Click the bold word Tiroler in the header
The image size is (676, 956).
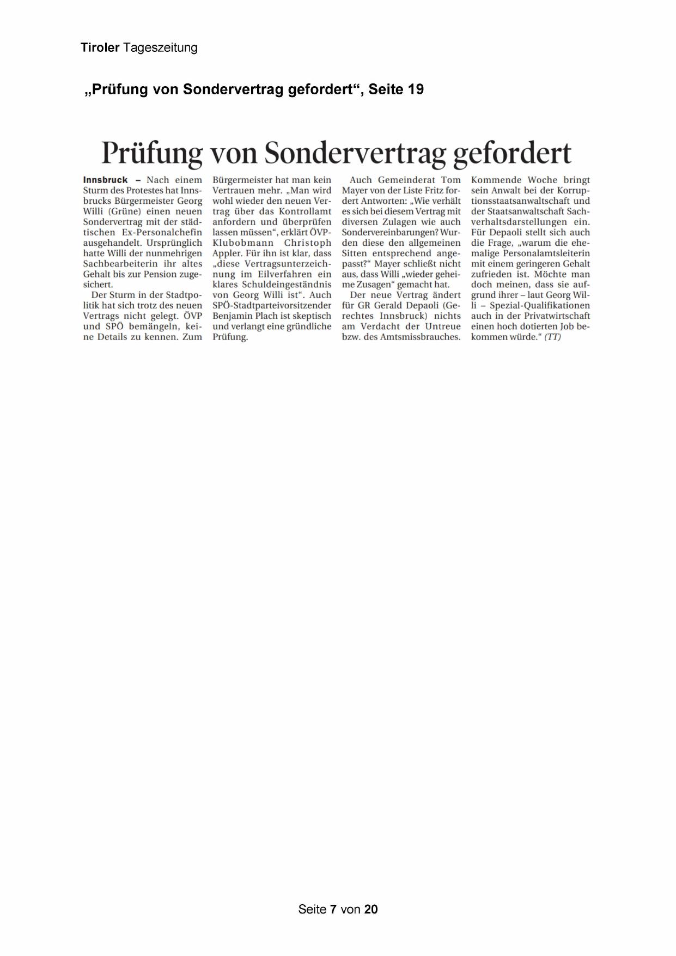tap(100, 48)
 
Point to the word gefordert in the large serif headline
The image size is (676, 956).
tap(512, 153)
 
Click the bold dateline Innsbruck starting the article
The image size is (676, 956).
tap(105, 180)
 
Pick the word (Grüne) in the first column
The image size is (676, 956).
tap(125, 211)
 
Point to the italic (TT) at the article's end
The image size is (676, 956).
tap(552, 337)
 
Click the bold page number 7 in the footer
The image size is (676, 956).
tap(333, 909)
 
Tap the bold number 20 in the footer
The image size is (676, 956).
tap(371, 909)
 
